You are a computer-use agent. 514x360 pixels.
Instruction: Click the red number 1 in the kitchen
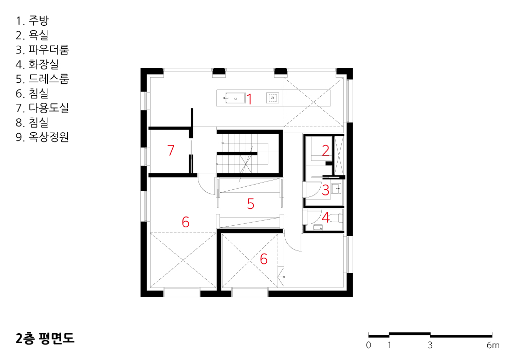click(249, 99)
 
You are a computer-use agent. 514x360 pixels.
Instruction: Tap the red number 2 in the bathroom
click(325, 150)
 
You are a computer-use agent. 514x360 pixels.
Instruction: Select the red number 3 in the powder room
click(325, 190)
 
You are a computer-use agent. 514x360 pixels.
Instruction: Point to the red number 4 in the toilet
click(325, 218)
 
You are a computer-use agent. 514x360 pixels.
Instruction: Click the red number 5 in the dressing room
click(251, 204)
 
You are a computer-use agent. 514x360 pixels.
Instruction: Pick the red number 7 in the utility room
click(171, 150)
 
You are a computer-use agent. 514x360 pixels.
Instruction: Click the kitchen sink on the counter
click(235, 98)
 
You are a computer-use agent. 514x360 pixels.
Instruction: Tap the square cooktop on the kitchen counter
click(272, 98)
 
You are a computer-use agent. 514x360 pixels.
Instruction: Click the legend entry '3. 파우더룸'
click(42, 49)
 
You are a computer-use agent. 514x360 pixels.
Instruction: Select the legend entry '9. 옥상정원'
click(42, 137)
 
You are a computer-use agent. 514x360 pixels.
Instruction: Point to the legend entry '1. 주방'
click(32, 21)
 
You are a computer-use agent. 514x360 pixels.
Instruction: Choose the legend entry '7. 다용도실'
click(42, 107)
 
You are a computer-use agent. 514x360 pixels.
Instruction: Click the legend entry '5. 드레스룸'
click(42, 79)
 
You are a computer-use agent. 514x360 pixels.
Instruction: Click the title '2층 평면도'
click(45, 338)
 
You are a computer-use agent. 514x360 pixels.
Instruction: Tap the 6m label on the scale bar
click(493, 345)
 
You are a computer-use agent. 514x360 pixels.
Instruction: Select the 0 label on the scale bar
click(369, 345)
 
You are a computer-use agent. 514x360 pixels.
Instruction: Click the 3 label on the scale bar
click(430, 345)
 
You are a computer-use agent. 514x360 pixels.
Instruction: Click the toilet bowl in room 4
click(336, 218)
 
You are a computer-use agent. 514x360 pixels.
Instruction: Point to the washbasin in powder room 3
click(336, 189)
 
